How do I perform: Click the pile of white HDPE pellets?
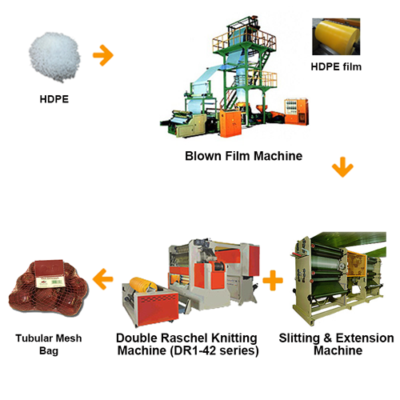pyautogui.click(x=54, y=57)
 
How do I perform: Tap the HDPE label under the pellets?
pyautogui.click(x=54, y=99)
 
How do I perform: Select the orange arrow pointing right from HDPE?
pyautogui.click(x=103, y=55)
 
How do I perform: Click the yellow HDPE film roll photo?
pyautogui.click(x=336, y=37)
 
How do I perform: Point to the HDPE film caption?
pyautogui.click(x=336, y=66)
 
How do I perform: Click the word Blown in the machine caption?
pyautogui.click(x=203, y=156)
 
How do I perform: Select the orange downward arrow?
pyautogui.click(x=342, y=167)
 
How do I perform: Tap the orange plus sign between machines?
pyautogui.click(x=273, y=280)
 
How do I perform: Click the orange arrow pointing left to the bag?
pyautogui.click(x=103, y=279)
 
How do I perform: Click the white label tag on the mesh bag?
pyautogui.click(x=50, y=282)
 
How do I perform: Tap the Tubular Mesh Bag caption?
pyautogui.click(x=49, y=344)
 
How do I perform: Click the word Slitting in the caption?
pyautogui.click(x=299, y=338)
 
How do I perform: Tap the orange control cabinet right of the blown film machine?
pyautogui.click(x=296, y=110)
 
